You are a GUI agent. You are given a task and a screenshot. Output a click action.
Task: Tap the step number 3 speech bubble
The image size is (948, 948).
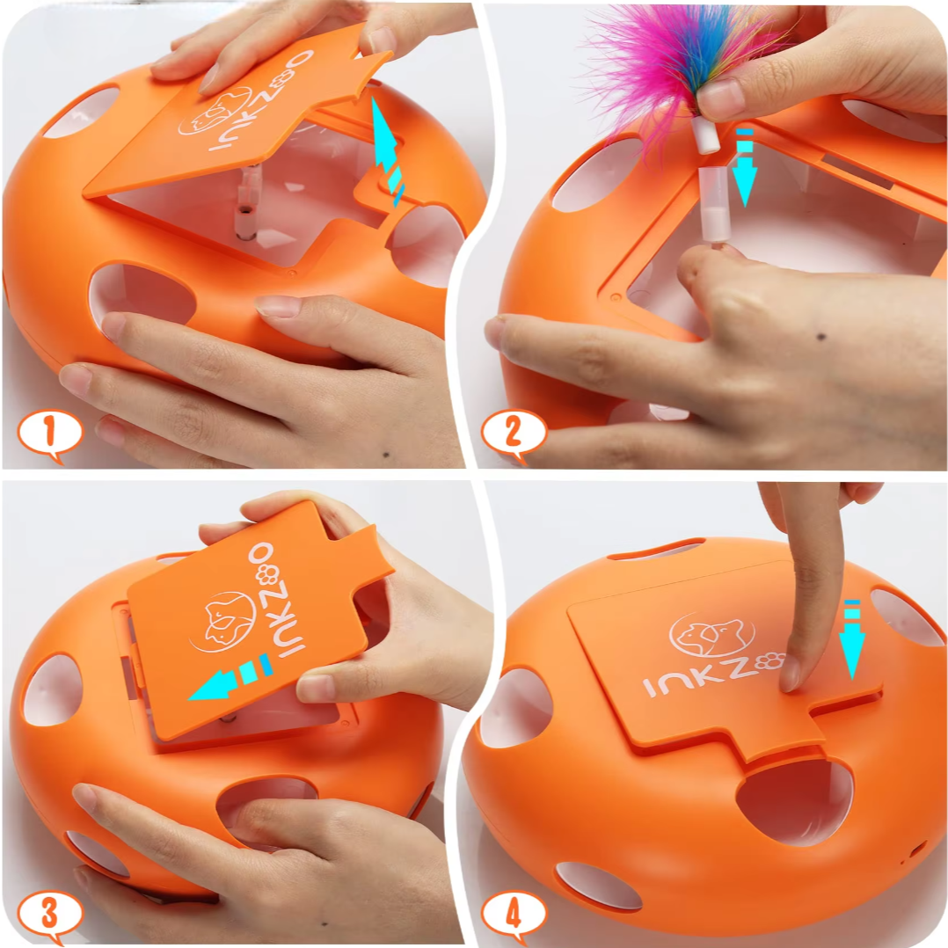tap(49, 915)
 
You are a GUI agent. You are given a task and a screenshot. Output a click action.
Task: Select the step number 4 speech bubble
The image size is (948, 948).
tap(514, 915)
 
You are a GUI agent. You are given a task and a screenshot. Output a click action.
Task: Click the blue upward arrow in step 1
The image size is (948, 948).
tap(387, 154)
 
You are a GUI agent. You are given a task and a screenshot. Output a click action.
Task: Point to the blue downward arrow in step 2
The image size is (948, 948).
tap(744, 166)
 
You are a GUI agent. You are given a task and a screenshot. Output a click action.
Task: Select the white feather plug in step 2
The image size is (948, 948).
tap(705, 135)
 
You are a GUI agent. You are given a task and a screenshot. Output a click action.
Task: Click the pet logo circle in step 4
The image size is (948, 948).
tap(712, 635)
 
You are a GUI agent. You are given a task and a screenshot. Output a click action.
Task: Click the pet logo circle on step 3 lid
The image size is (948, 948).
tap(222, 623)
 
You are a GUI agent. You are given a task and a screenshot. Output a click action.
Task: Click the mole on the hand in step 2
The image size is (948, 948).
tap(821, 337)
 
